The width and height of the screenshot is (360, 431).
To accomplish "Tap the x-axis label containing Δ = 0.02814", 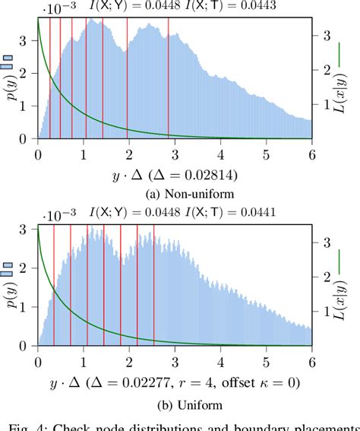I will pyautogui.click(x=175, y=174).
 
